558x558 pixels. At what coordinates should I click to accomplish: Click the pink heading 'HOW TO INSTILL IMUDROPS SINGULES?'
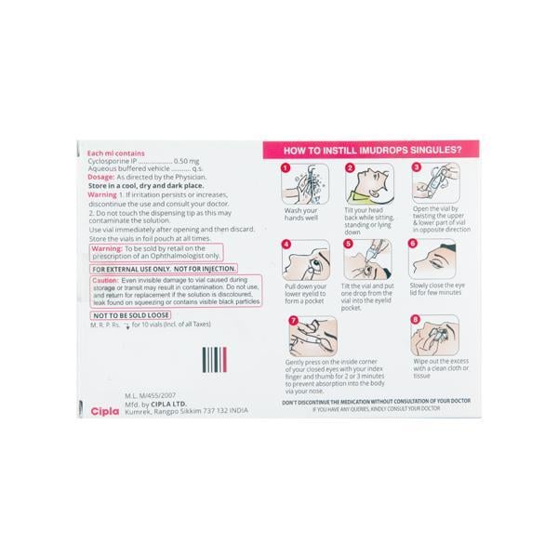click(381, 149)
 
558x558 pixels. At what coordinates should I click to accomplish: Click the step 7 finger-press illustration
click(312, 335)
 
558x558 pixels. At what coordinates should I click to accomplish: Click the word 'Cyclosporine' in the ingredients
click(111, 160)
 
